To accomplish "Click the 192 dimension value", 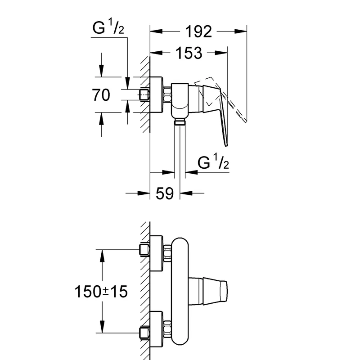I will click(198, 31).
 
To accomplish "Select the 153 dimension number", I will click(188, 53).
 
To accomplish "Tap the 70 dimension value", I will click(101, 95).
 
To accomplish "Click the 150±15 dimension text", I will click(101, 292).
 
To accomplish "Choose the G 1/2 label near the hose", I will click(214, 163).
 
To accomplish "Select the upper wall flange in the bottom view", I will click(156, 253).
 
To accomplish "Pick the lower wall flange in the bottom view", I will click(156, 329).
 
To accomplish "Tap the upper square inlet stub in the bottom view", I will click(144, 249).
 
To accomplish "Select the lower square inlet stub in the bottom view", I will click(144, 333).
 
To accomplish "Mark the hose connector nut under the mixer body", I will click(180, 121).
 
